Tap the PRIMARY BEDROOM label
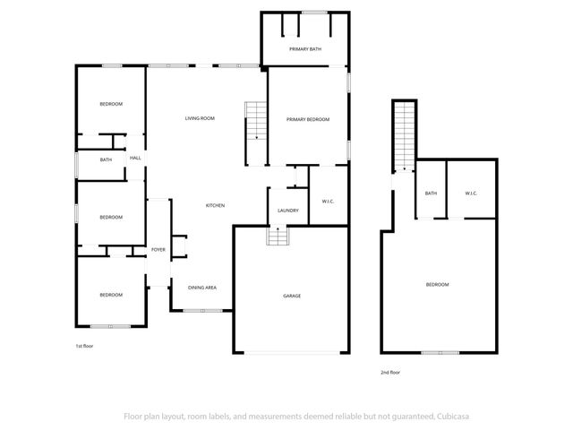click(308, 119)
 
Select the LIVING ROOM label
click(200, 118)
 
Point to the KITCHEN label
click(215, 206)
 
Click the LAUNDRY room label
click(287, 211)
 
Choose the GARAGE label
click(292, 296)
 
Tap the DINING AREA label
click(202, 288)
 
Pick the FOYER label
click(158, 249)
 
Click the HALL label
click(135, 159)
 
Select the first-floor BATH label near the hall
click(107, 159)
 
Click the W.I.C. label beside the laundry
click(328, 201)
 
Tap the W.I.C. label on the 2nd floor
click(471, 193)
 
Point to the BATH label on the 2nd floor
click(431, 193)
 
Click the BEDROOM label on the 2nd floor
click(437, 284)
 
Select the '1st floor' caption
click(84, 345)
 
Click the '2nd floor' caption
click(390, 371)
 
